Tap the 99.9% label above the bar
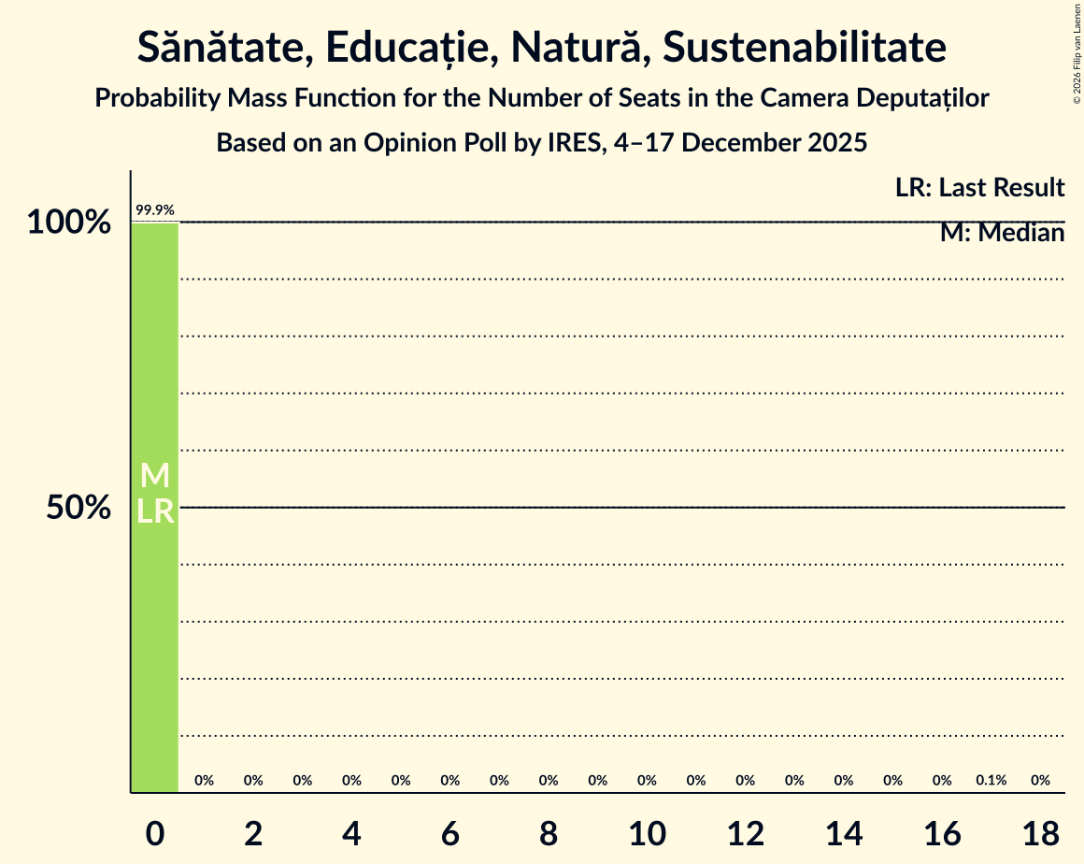click(x=155, y=210)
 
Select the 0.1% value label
click(x=991, y=780)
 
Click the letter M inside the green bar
click(x=155, y=476)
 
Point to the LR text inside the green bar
click(x=155, y=511)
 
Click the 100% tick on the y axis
click(x=68, y=223)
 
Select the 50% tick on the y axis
click(x=79, y=508)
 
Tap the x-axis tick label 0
click(x=155, y=830)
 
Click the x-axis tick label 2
click(x=253, y=830)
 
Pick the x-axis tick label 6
click(x=450, y=830)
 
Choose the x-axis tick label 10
click(x=647, y=830)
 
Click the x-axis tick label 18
click(x=1040, y=830)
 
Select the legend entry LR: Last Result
click(x=979, y=188)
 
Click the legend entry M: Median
click(x=1002, y=233)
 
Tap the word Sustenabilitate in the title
click(x=804, y=48)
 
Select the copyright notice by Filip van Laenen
click(x=1077, y=52)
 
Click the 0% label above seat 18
click(x=1040, y=780)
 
